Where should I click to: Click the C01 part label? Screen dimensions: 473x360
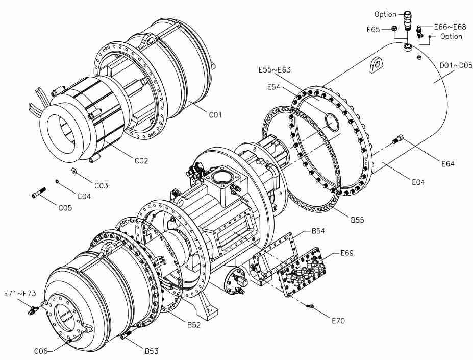click(x=215, y=115)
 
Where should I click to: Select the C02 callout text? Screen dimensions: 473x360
click(x=141, y=161)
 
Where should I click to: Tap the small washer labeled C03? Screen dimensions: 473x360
click(x=74, y=171)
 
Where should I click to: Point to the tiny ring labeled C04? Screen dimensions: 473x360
click(x=57, y=181)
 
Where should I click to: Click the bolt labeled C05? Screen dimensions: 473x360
click(x=38, y=193)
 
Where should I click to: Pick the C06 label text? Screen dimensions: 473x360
click(x=41, y=351)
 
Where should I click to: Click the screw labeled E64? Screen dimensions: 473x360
click(x=397, y=139)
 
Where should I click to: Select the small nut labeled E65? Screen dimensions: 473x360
click(x=394, y=29)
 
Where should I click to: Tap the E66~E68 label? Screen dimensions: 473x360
click(x=450, y=27)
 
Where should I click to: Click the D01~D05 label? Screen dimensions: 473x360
click(x=456, y=65)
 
